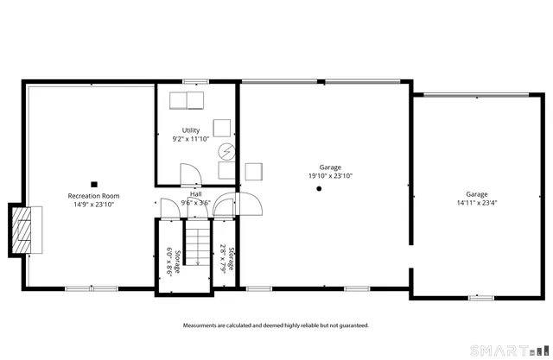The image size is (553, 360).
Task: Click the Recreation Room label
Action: (x=93, y=196)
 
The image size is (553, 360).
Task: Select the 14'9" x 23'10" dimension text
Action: (x=93, y=205)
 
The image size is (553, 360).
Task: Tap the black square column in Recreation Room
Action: (x=94, y=183)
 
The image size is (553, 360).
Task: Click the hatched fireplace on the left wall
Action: (x=24, y=231)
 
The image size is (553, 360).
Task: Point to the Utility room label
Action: (x=191, y=130)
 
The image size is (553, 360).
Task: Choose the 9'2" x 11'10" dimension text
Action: (x=191, y=139)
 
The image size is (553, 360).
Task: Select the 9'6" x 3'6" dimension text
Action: (x=195, y=204)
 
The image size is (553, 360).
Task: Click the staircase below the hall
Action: (x=198, y=244)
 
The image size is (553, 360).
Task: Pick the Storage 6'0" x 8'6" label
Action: (x=174, y=261)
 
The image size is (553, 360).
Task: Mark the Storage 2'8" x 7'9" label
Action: (x=226, y=258)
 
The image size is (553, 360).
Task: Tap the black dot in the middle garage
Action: (x=319, y=188)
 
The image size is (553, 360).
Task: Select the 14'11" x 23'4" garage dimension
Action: (x=477, y=204)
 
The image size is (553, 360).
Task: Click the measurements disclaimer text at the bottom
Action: (x=276, y=325)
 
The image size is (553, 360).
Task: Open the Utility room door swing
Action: (x=185, y=175)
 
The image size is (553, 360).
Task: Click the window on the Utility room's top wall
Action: (x=197, y=83)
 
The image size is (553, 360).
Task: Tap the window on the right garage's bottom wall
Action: (x=480, y=298)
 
